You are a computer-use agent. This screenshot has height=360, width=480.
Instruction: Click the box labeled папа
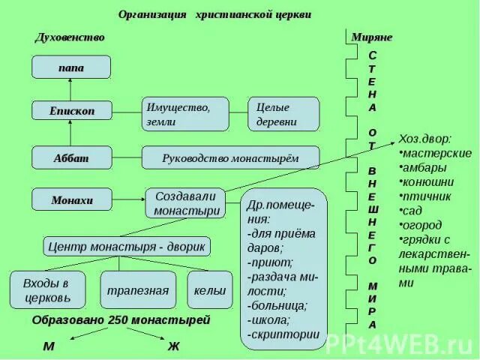tap(71, 67)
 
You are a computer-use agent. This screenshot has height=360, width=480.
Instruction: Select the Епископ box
tap(71, 110)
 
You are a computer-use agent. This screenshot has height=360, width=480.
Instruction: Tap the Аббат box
tap(71, 157)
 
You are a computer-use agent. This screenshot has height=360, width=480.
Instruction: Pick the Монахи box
tap(71, 200)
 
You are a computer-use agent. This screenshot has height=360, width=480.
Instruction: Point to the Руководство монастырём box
tap(230, 157)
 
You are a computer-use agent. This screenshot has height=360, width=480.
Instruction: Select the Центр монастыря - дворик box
tap(126, 245)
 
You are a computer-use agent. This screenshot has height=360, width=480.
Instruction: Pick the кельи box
tap(209, 289)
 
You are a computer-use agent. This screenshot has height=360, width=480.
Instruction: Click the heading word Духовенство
tap(70, 37)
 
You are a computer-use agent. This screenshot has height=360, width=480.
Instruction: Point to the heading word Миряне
tap(371, 37)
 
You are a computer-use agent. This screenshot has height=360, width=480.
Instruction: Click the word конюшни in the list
tap(427, 181)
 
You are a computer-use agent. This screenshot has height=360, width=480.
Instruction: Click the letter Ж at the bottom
tap(173, 346)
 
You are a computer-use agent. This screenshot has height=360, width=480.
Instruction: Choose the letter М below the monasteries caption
tap(48, 346)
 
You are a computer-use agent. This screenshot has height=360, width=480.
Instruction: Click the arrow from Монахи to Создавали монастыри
tap(128, 199)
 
